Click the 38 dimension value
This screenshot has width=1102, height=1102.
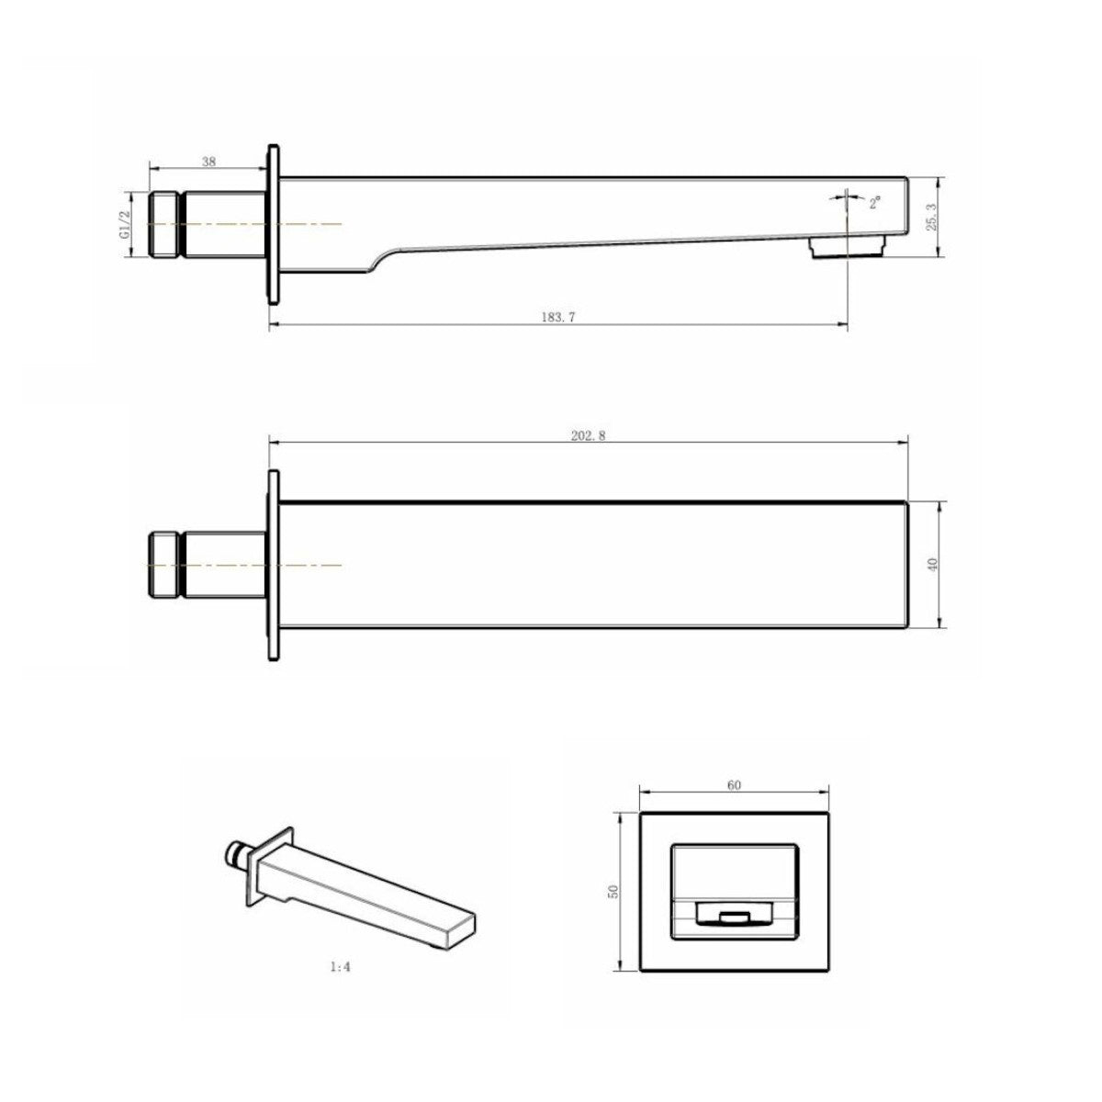(209, 162)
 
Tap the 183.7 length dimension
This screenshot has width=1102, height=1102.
(558, 318)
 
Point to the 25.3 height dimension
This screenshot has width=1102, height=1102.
(930, 218)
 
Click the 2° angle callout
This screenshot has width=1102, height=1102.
(875, 202)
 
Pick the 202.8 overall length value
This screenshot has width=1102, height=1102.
(588, 436)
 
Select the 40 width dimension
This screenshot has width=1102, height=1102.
(933, 565)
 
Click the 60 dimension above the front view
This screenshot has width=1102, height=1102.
(735, 785)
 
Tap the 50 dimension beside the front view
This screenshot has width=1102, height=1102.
(613, 907)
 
